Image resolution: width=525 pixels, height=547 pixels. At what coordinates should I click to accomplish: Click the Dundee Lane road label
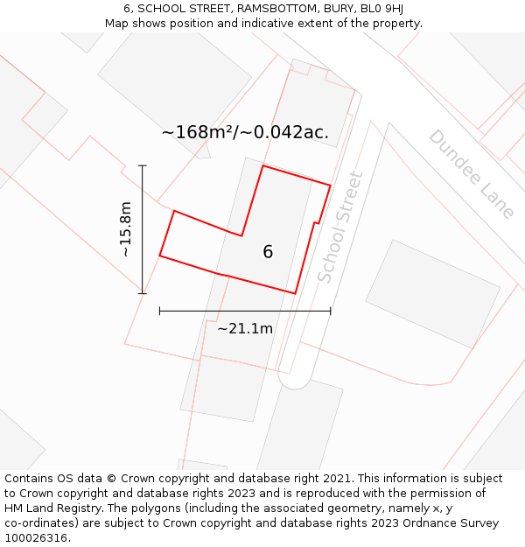tap(472, 174)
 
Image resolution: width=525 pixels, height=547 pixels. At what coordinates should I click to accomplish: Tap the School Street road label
tap(339, 227)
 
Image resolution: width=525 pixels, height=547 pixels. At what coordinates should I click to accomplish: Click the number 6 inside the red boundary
tap(268, 252)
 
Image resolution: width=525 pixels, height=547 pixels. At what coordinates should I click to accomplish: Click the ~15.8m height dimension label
tap(125, 229)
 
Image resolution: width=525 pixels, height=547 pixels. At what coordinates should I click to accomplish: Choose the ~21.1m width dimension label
tap(245, 329)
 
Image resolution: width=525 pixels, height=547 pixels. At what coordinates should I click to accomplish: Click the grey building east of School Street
tap(432, 293)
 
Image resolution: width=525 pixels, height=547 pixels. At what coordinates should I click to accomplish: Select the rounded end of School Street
tap(295, 381)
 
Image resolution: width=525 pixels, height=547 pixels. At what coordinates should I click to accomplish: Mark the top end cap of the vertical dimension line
tap(143, 165)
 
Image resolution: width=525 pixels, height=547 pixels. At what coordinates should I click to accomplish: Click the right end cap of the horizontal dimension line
tap(331, 311)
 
